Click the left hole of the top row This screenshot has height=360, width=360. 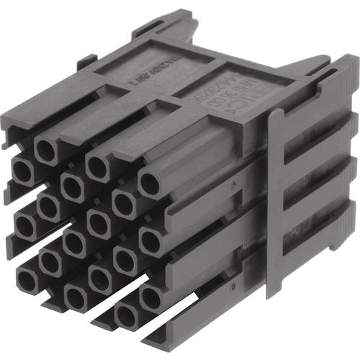(x=45, y=150)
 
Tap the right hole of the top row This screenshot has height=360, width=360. (x=148, y=184)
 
